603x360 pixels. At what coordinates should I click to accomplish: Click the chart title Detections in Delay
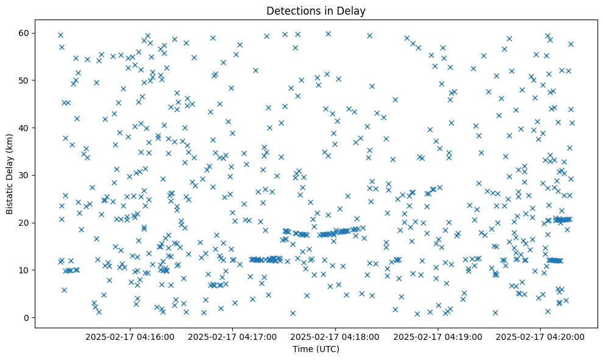pos(316,10)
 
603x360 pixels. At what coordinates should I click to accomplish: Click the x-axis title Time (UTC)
pos(316,349)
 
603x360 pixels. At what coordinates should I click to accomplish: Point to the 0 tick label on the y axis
pos(26,317)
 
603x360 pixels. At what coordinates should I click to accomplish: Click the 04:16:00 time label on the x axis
pos(130,336)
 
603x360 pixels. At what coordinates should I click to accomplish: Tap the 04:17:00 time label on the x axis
pos(232,336)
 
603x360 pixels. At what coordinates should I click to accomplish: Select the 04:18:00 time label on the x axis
pos(335,336)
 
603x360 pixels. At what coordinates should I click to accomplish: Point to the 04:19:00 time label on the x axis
pos(438,336)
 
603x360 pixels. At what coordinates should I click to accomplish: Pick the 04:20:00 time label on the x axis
pos(540,336)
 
